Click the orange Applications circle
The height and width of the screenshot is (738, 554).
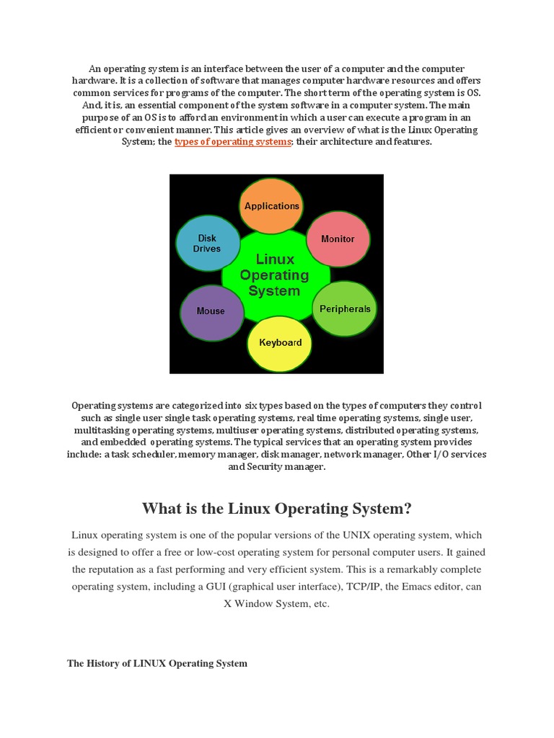pos(271,205)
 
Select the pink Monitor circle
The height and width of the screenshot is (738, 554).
pos(338,239)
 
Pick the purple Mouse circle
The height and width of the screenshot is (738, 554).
pos(211,311)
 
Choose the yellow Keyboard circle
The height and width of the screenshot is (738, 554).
pos(280,342)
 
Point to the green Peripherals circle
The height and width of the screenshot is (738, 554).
pos(345,309)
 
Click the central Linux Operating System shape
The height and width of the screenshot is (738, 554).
pos(274,275)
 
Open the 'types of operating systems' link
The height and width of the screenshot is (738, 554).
pos(232,142)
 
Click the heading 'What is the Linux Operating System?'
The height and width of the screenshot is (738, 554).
pos(277,509)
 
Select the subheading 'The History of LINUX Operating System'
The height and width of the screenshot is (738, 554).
pos(157,663)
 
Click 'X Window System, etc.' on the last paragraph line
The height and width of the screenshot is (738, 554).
pos(276,604)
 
